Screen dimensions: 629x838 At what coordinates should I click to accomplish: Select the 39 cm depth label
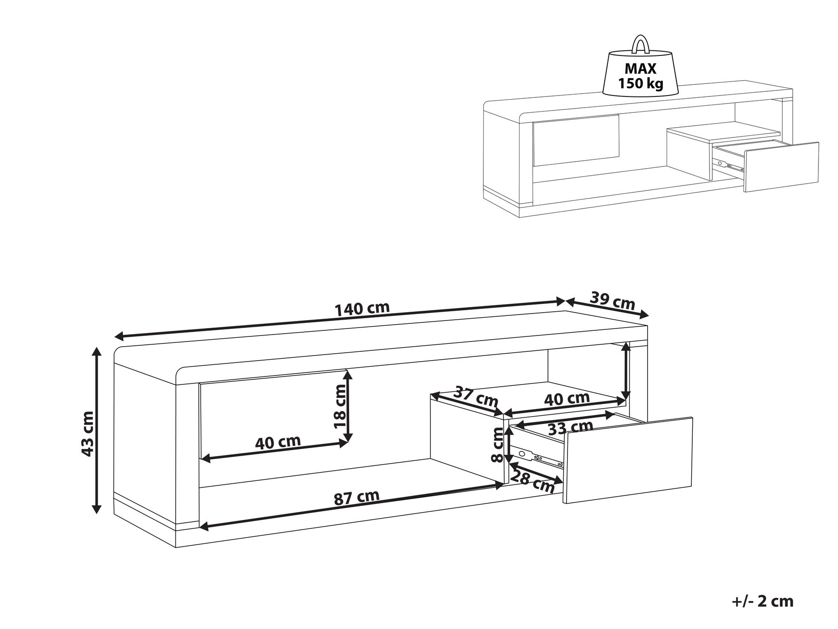(x=612, y=301)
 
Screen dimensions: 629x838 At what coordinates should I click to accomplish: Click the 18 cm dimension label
(x=340, y=407)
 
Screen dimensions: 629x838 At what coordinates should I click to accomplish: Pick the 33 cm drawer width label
(x=570, y=426)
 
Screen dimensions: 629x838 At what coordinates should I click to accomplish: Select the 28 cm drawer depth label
(x=532, y=481)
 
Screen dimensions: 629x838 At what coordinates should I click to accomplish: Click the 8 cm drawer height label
(x=498, y=445)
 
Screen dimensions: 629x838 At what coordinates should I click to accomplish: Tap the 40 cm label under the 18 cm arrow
(x=278, y=441)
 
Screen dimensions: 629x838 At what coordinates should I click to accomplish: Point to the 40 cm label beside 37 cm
(x=567, y=398)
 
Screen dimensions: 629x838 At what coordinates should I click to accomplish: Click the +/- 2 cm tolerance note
(x=762, y=602)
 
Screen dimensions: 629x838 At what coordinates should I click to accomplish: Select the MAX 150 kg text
(x=640, y=76)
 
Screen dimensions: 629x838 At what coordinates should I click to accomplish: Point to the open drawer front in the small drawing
(x=781, y=166)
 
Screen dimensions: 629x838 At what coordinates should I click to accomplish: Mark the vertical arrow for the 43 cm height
(x=97, y=430)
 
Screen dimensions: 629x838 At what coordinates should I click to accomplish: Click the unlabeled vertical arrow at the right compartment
(x=627, y=371)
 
